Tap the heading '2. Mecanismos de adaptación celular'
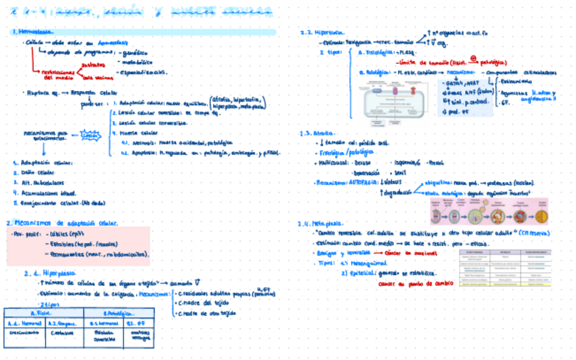pos(64,223)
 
